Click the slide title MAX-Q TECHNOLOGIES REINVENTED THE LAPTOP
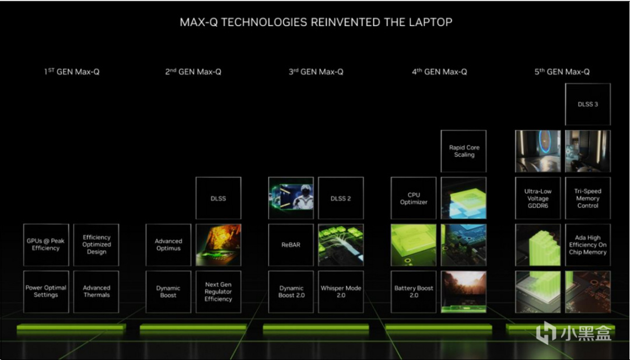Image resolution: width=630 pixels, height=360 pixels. pyautogui.click(x=316, y=22)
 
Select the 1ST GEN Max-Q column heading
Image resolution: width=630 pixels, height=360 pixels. pyautogui.click(x=72, y=72)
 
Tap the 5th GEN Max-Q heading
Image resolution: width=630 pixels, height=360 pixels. pyautogui.click(x=562, y=72)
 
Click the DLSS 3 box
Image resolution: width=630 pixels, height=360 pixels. pyautogui.click(x=587, y=104)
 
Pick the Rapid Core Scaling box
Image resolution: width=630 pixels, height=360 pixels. pyautogui.click(x=464, y=151)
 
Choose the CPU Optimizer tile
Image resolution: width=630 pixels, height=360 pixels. pyautogui.click(x=414, y=198)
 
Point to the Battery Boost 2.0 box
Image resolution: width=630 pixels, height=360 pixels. pyautogui.click(x=414, y=292)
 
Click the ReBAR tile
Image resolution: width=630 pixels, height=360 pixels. pyautogui.click(x=291, y=244)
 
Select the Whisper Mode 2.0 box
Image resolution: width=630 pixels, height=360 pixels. pyautogui.click(x=341, y=292)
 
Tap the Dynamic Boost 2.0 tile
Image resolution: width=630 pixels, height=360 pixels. pyautogui.click(x=291, y=292)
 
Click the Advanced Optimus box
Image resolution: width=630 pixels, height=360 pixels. pyautogui.click(x=169, y=244)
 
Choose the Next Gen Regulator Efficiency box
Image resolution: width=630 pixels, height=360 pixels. pyautogui.click(x=218, y=292)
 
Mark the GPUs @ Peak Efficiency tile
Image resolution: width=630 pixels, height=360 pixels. pyautogui.click(x=46, y=244)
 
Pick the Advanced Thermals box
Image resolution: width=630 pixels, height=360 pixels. pyautogui.click(x=96, y=292)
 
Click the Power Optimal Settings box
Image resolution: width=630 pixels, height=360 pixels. pyautogui.click(x=46, y=292)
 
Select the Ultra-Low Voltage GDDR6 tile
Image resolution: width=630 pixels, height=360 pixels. pyautogui.click(x=538, y=198)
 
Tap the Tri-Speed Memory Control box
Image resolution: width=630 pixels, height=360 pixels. pyautogui.click(x=587, y=198)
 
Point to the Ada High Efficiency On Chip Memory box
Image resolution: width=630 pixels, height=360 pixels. pyautogui.click(x=587, y=244)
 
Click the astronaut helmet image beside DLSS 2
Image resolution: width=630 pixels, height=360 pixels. pyautogui.click(x=291, y=198)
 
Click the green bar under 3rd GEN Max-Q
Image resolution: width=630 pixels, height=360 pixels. pyautogui.click(x=316, y=327)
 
